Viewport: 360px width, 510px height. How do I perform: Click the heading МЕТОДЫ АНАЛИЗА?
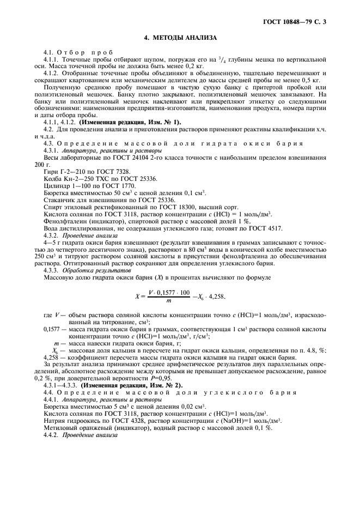pyautogui.click(x=180, y=38)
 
